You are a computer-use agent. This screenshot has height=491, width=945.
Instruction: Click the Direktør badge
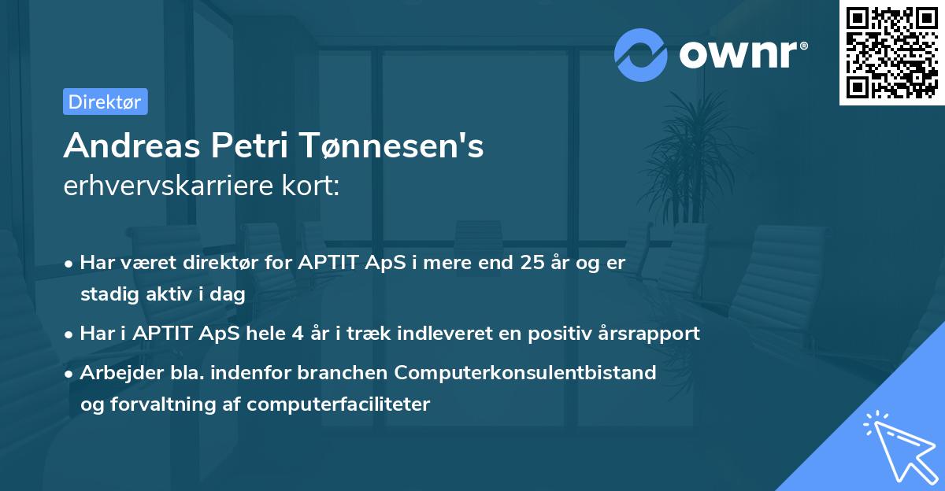[x=106, y=102]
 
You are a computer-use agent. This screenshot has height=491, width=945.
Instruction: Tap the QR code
[x=891, y=53]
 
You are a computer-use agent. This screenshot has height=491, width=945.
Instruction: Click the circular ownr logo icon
[x=641, y=54]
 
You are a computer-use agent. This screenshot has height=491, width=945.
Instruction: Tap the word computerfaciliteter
[x=339, y=404]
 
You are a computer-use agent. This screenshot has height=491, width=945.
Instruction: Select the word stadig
[x=107, y=294]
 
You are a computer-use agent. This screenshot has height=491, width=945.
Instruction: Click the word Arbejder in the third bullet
[x=115, y=372]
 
